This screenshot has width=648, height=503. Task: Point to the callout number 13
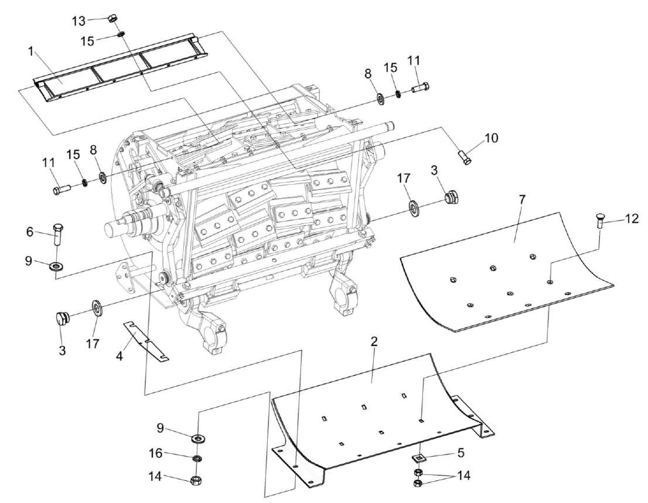pos(79,21)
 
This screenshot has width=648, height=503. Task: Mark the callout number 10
pos(490,138)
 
